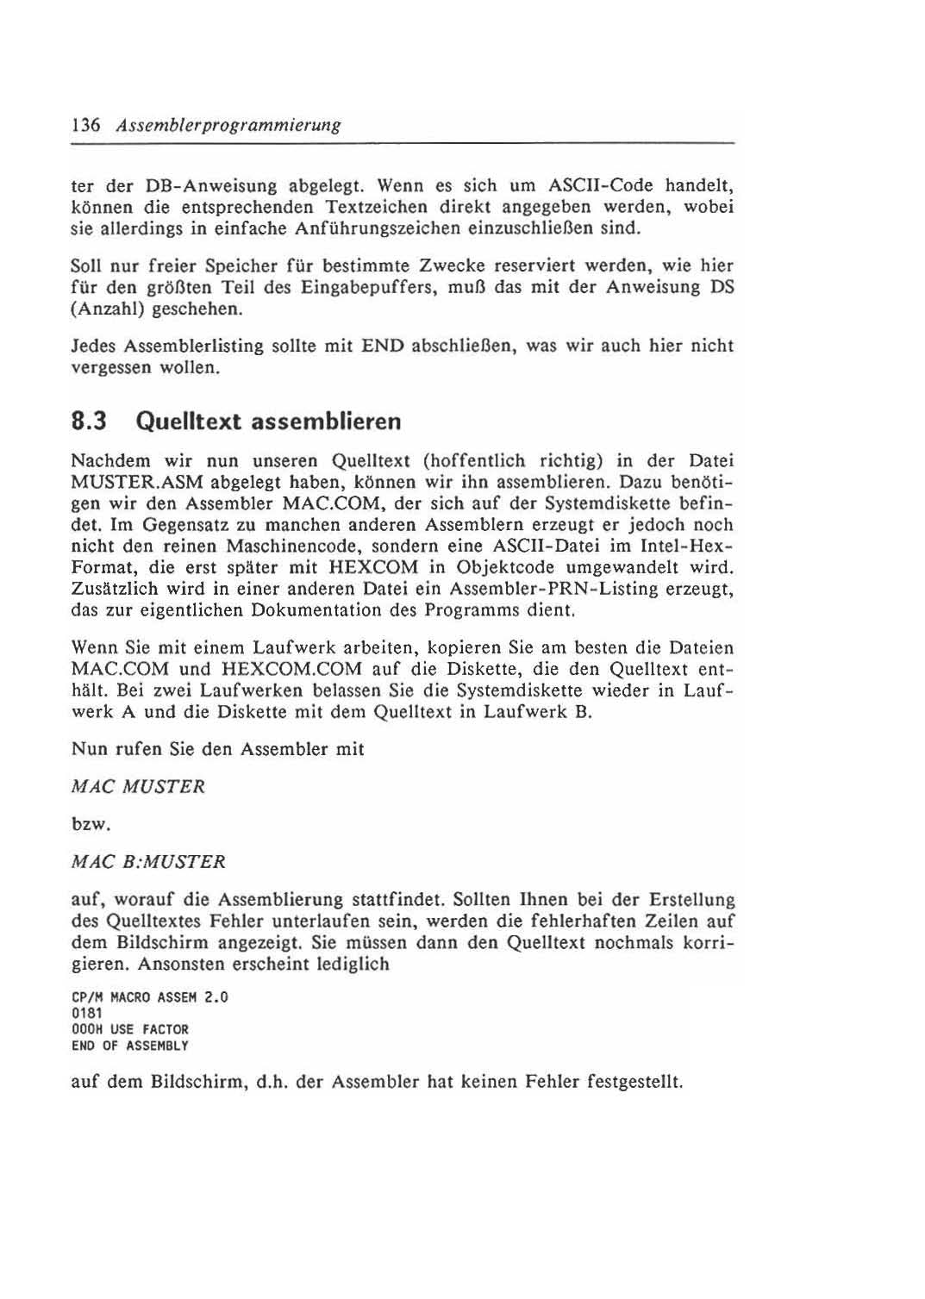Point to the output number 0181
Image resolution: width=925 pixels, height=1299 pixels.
click(x=86, y=1014)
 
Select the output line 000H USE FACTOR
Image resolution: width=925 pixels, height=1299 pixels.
click(x=129, y=1029)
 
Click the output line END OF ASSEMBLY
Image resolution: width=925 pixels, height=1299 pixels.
click(x=129, y=1046)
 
